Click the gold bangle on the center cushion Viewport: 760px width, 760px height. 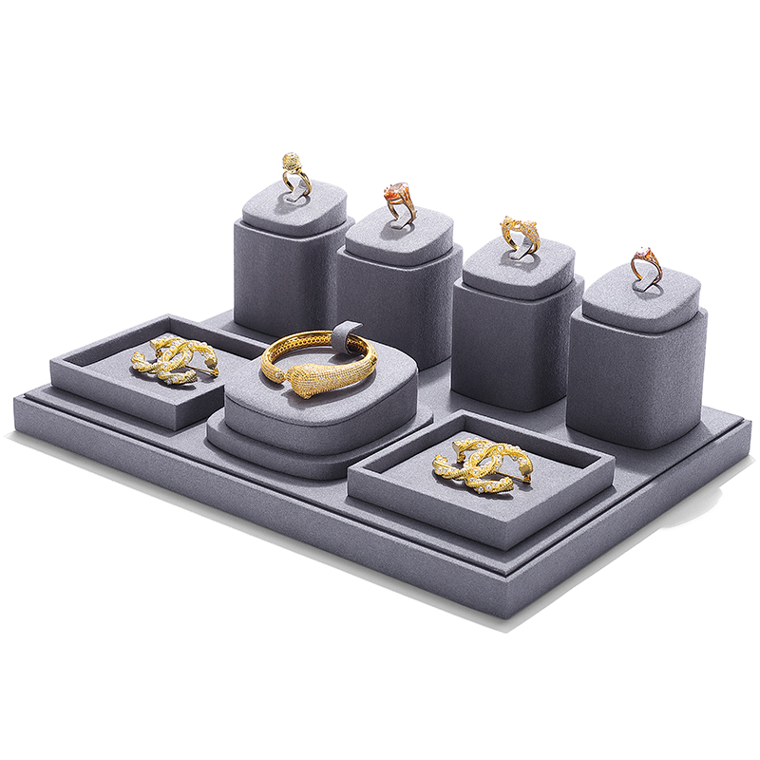318,358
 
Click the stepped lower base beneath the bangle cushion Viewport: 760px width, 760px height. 304,456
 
